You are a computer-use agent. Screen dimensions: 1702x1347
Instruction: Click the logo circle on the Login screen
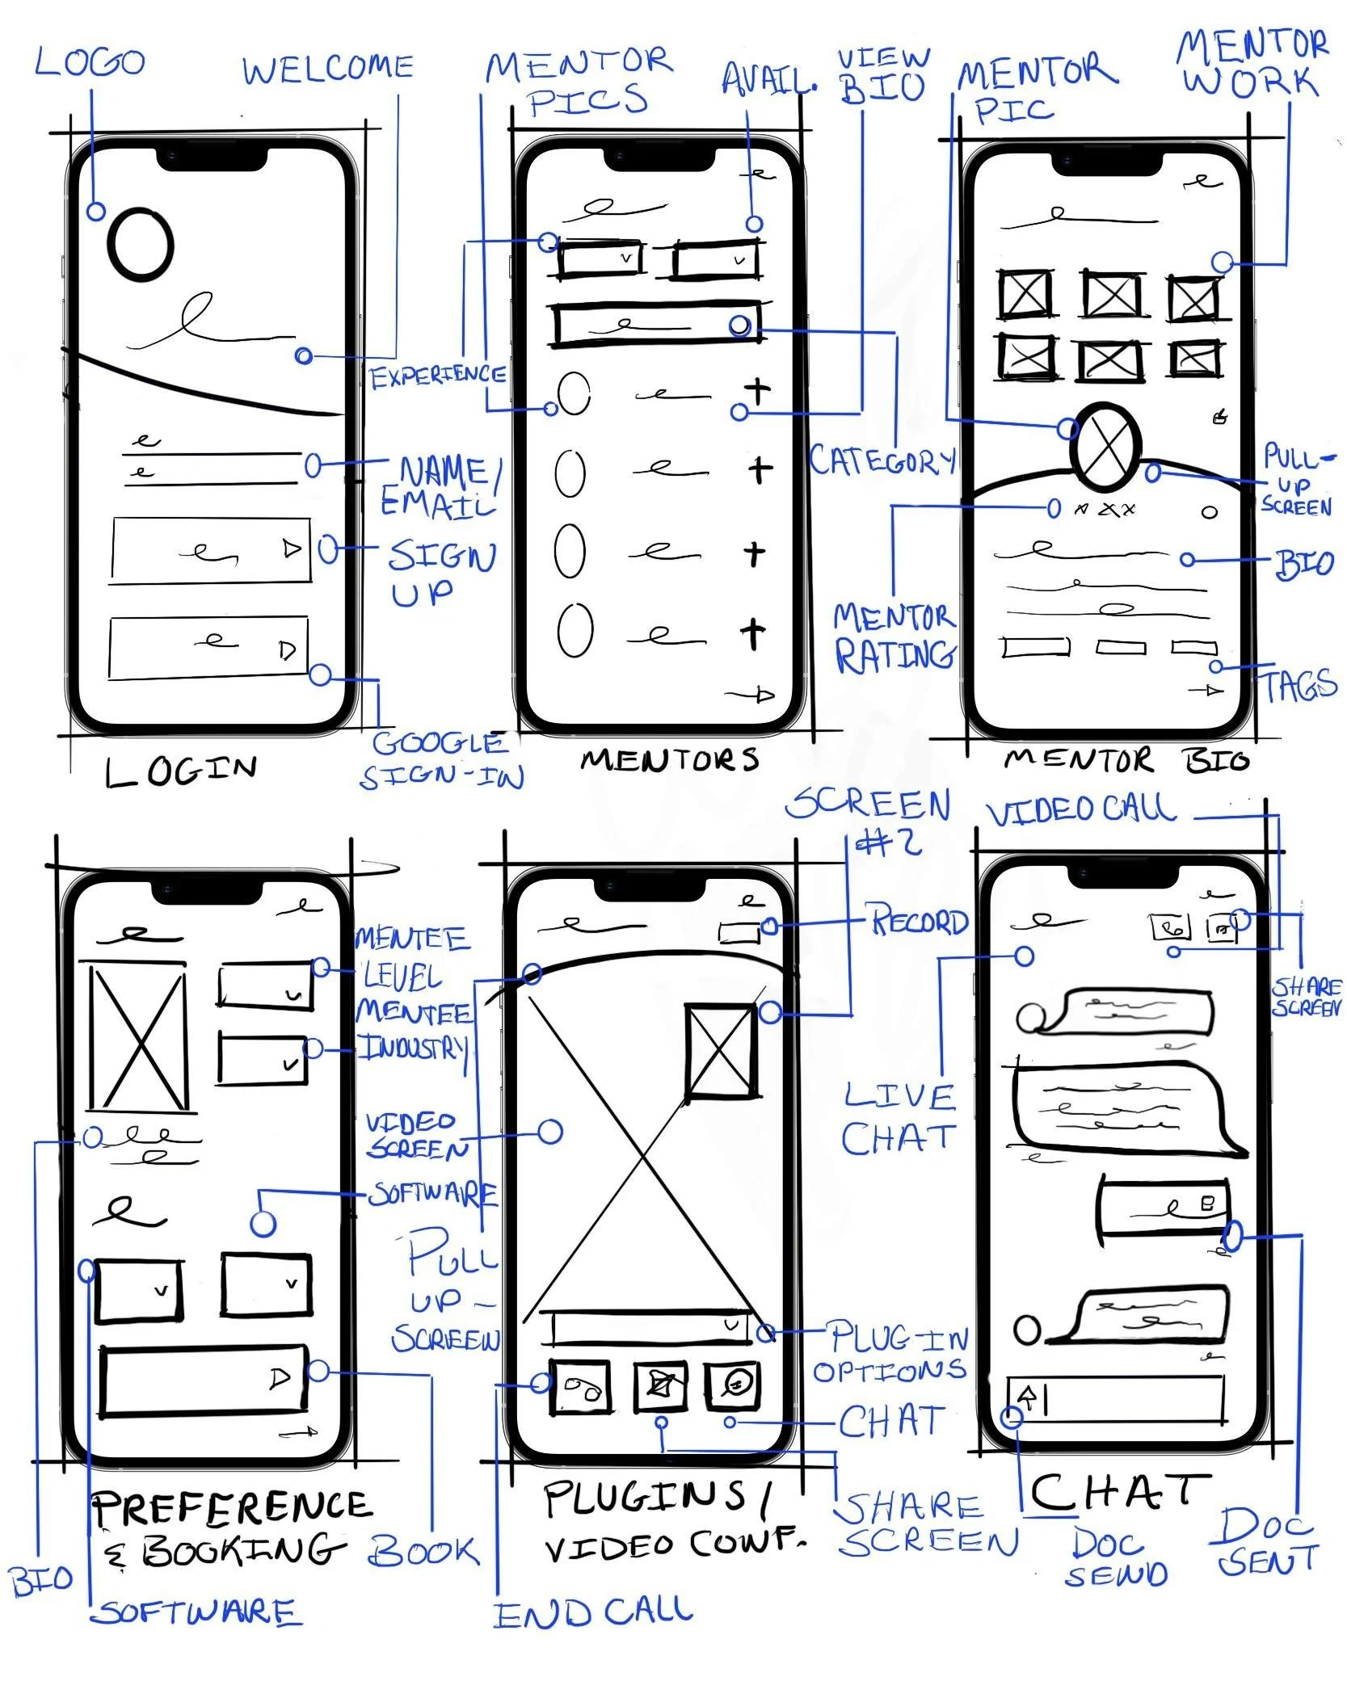coord(141,245)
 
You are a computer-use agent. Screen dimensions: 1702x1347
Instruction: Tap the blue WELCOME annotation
coord(328,69)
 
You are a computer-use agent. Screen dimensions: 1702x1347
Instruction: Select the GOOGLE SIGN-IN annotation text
coord(440,759)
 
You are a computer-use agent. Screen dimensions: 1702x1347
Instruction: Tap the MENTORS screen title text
coord(670,759)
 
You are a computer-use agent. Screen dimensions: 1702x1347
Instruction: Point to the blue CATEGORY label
coord(882,461)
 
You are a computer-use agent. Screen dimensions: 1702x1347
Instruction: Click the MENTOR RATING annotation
coord(894,637)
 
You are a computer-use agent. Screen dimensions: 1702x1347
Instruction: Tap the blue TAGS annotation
coord(1299,686)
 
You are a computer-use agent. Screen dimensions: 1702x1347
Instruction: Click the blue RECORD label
coord(919,921)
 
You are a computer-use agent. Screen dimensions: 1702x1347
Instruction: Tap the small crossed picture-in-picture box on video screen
coord(721,1051)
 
